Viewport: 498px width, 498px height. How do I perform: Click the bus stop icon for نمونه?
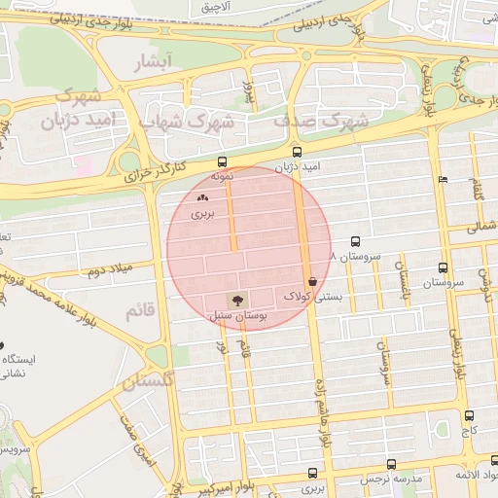point(222,162)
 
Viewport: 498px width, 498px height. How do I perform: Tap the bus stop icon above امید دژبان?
point(298,152)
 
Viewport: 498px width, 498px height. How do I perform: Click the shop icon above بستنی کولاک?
point(311,279)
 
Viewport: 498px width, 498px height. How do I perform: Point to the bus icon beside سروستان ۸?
point(355,241)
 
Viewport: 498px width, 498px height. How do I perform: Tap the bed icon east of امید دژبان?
point(444,179)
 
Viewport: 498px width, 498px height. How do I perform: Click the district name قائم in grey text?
point(139,311)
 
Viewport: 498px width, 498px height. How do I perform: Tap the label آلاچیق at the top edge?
point(216,7)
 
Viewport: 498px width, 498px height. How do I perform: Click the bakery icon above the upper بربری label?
point(201,196)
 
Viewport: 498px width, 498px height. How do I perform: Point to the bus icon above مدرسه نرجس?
point(391,464)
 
